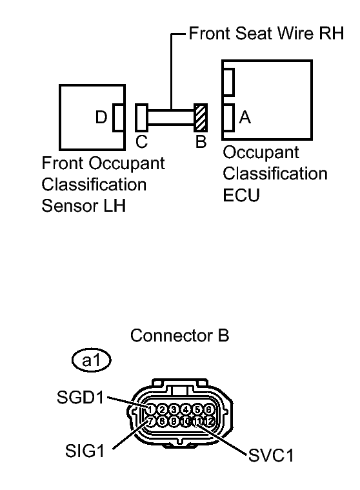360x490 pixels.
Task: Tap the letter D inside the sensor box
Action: pos(101,117)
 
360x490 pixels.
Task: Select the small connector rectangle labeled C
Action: pos(141,118)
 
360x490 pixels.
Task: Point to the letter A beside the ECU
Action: pos(245,117)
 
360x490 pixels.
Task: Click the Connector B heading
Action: pos(179,336)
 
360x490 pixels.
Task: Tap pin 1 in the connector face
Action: pos(150,409)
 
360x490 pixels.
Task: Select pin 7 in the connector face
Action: pos(150,421)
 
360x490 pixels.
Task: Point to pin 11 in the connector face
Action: pos(197,421)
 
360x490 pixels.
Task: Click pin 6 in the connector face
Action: pos(209,409)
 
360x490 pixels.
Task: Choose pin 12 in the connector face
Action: pos(209,421)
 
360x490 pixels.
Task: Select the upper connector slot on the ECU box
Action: pos(227,81)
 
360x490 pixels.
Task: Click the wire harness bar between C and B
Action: pos(171,118)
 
